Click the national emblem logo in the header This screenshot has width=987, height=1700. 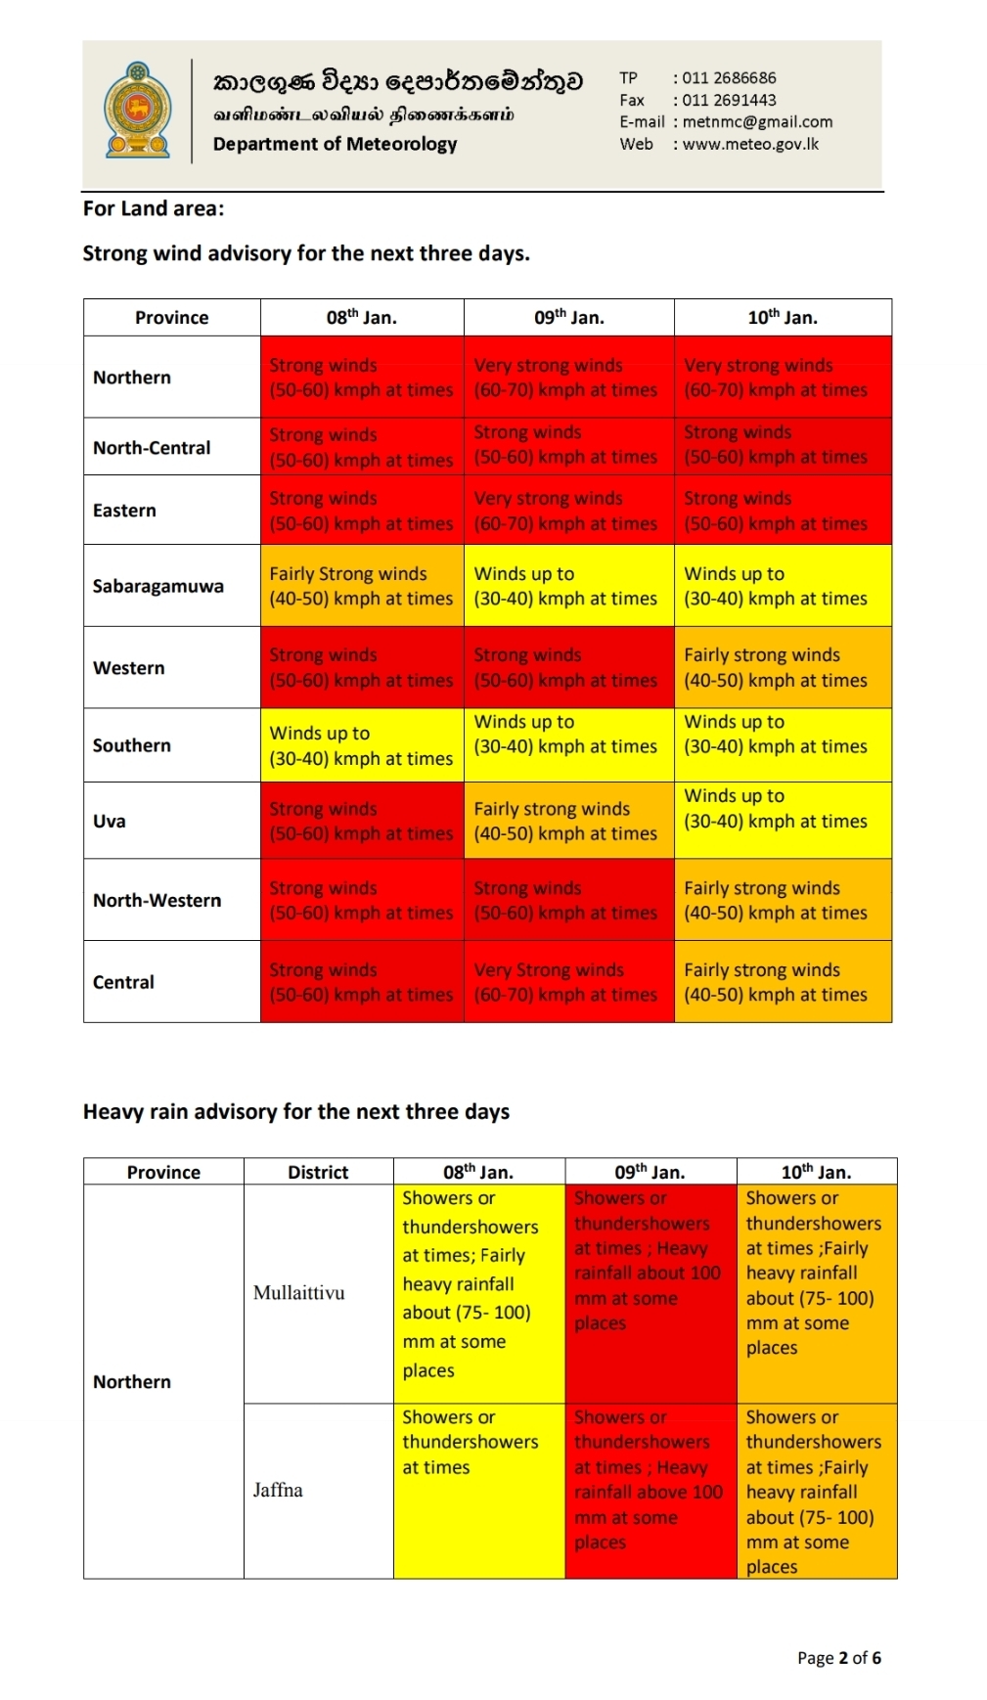(138, 112)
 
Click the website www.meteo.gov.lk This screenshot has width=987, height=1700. (750, 144)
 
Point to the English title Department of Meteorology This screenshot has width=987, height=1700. (335, 144)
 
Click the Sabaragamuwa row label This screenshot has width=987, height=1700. (158, 586)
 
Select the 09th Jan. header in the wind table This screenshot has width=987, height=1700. (568, 317)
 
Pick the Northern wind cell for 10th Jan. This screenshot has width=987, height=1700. (783, 378)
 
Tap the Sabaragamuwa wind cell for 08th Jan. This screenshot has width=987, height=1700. (362, 586)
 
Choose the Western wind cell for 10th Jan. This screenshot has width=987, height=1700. (783, 667)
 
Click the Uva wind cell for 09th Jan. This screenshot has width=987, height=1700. (568, 821)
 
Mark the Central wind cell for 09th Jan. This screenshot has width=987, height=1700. (568, 982)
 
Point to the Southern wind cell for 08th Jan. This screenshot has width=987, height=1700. (362, 745)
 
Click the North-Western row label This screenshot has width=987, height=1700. (157, 900)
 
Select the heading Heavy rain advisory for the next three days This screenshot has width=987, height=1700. (296, 1111)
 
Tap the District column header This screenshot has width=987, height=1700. (318, 1172)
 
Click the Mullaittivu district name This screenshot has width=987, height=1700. (299, 1292)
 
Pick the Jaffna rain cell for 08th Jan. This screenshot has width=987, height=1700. (479, 1490)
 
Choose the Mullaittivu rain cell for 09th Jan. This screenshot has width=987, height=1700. (651, 1292)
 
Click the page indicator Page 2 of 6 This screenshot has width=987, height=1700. (838, 1657)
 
